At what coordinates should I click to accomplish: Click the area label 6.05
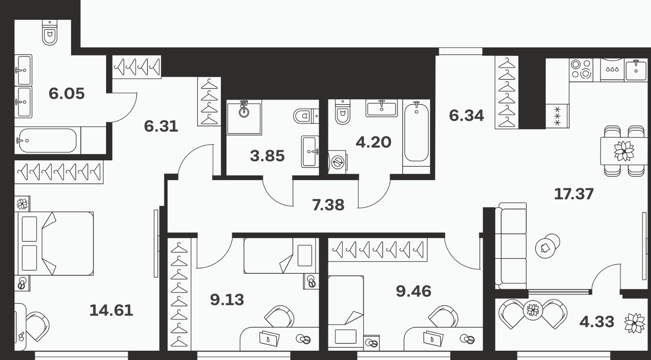[66, 94]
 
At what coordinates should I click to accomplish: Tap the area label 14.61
[111, 310]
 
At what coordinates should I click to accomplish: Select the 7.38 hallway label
[328, 205]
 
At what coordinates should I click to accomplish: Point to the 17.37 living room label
[574, 194]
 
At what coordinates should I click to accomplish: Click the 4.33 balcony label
[597, 322]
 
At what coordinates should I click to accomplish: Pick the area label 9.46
[414, 291]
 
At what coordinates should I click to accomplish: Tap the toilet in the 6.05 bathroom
[50, 32]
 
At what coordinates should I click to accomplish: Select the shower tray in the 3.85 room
[244, 117]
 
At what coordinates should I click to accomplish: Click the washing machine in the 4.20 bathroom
[337, 162]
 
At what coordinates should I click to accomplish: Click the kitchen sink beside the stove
[636, 70]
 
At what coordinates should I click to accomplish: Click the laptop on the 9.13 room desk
[269, 338]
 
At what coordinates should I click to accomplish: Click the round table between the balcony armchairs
[533, 310]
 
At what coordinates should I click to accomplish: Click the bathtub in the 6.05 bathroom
[47, 141]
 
